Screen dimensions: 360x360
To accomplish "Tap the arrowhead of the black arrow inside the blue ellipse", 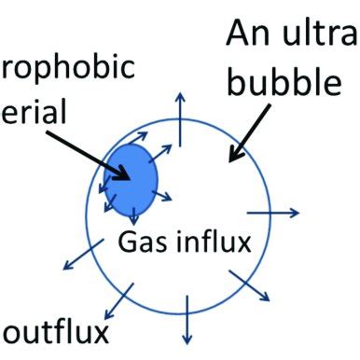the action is (122, 174).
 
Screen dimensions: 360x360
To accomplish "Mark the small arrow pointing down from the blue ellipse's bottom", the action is (133, 214).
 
